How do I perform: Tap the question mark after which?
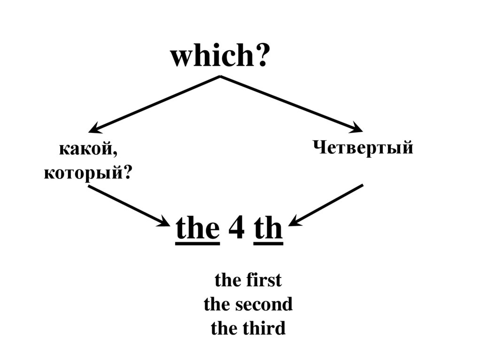263,56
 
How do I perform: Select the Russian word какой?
85,150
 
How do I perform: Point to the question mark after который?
126,173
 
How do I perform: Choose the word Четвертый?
363,147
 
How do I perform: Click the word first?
263,281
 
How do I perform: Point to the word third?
264,328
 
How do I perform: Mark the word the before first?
227,281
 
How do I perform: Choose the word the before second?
217,305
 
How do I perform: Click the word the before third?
224,328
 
